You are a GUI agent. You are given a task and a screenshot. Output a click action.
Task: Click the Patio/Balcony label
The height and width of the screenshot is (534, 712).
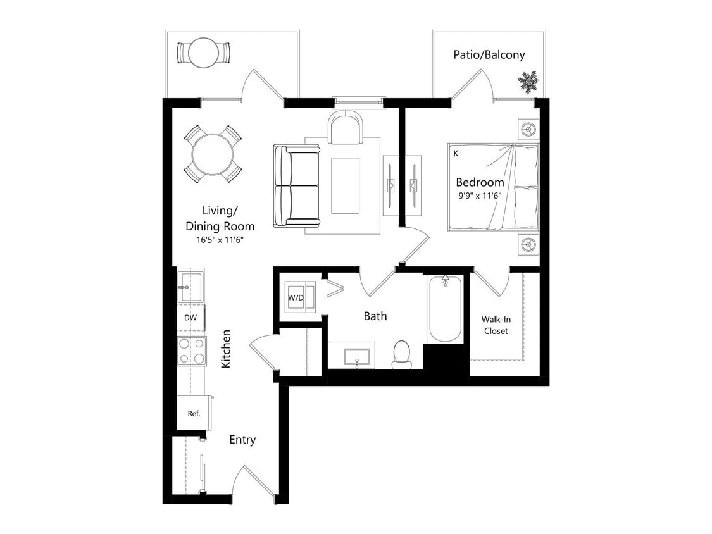point(489,54)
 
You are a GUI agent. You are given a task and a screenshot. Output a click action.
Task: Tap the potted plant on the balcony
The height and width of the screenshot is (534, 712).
point(527,81)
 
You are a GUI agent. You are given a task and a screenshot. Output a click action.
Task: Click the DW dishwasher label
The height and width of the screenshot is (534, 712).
point(190,318)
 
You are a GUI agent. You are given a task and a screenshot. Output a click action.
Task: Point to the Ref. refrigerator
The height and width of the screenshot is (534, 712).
point(194,413)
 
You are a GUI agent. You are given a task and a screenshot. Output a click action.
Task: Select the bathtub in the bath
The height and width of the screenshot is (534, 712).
point(445,309)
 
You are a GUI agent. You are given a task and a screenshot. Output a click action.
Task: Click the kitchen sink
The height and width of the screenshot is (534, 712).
point(190,287)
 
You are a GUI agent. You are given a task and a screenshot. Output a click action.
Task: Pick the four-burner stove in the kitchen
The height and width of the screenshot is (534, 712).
point(191,351)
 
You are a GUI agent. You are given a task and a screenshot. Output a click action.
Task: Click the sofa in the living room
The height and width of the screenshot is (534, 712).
point(296,185)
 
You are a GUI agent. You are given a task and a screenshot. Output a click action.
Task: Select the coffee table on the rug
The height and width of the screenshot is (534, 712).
point(345,186)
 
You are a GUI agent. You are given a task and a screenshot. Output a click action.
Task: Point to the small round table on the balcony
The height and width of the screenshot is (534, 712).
point(204,53)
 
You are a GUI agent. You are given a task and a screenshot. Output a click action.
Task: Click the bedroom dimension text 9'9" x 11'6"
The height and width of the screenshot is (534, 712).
point(480,196)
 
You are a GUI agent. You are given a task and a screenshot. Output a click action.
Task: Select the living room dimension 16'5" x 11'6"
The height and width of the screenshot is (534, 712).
point(220,240)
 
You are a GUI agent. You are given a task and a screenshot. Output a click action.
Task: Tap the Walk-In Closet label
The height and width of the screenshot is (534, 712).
point(496,325)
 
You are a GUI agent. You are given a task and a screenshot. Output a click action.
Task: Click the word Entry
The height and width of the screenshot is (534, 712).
point(242,440)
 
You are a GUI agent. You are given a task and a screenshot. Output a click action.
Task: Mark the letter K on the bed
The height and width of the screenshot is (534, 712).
point(456,152)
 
